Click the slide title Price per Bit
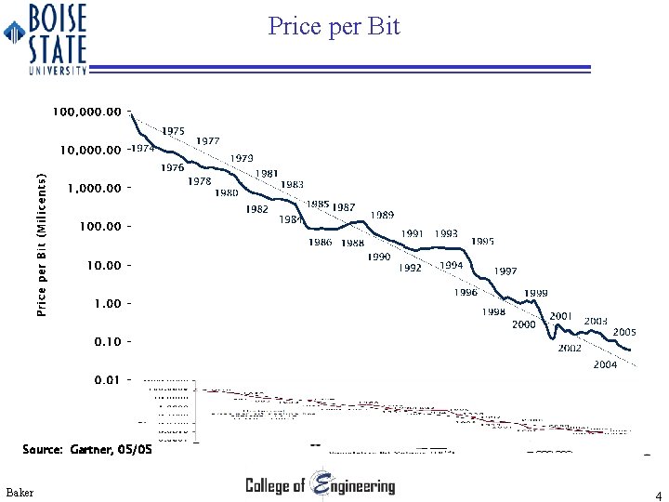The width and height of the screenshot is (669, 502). click(x=334, y=26)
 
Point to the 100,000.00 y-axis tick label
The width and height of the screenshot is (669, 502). click(x=87, y=112)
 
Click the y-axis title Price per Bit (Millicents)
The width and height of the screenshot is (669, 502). click(x=42, y=243)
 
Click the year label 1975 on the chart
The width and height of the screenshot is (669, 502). click(x=173, y=132)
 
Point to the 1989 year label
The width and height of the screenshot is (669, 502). click(x=382, y=215)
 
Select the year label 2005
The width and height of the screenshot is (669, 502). click(x=624, y=332)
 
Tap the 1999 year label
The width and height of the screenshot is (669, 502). click(x=535, y=294)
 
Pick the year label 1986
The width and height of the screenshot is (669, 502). click(x=321, y=243)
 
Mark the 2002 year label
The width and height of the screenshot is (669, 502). click(x=570, y=349)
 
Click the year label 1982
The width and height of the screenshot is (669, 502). click(x=257, y=210)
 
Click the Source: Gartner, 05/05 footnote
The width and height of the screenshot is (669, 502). click(x=86, y=450)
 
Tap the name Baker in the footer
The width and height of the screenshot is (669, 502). click(x=19, y=491)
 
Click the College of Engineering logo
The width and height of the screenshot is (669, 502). click(x=320, y=484)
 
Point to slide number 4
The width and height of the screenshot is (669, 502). click(x=658, y=495)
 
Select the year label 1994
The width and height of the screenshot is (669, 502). click(x=452, y=265)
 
